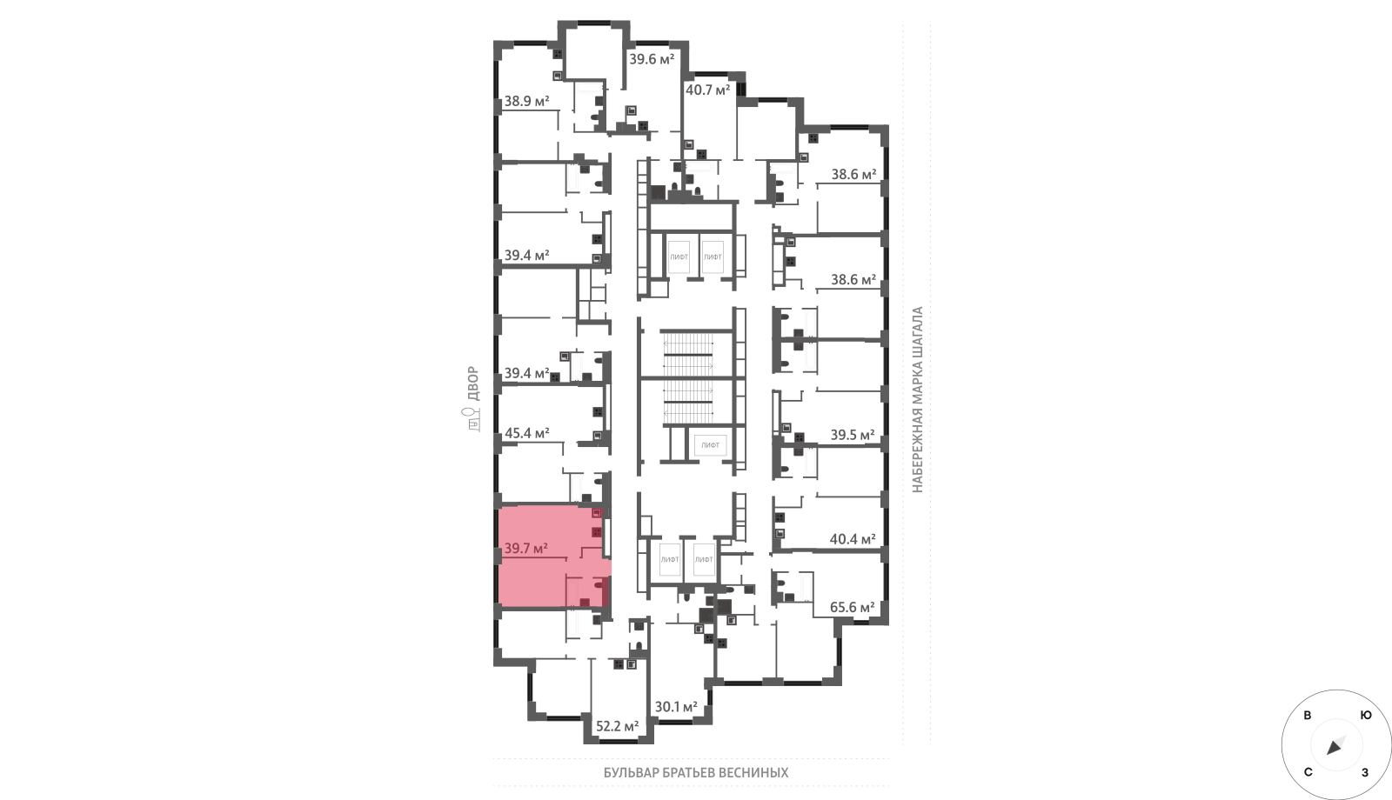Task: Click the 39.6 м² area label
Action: coord(652,60)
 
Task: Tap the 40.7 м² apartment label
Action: coord(708,90)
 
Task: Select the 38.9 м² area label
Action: coord(526,101)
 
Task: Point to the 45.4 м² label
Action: coord(527,433)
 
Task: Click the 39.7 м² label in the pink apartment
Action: coord(525,549)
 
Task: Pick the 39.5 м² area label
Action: coord(853,435)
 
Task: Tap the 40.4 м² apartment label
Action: coord(853,539)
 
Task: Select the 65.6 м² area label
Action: coord(853,607)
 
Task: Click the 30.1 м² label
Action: coord(676,707)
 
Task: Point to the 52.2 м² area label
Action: coord(617,726)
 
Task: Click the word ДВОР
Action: coord(473,383)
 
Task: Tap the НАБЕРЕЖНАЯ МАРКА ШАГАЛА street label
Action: coord(917,400)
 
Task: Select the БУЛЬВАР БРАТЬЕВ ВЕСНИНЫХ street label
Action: coord(696,773)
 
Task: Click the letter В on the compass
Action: coord(1308,716)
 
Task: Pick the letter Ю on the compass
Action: coord(1366,716)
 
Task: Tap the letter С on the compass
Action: coord(1308,772)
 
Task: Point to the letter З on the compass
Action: coord(1365,773)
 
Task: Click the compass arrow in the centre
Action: coord(1335,747)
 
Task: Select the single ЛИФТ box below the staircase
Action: coord(710,445)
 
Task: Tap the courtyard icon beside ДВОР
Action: coord(473,420)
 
